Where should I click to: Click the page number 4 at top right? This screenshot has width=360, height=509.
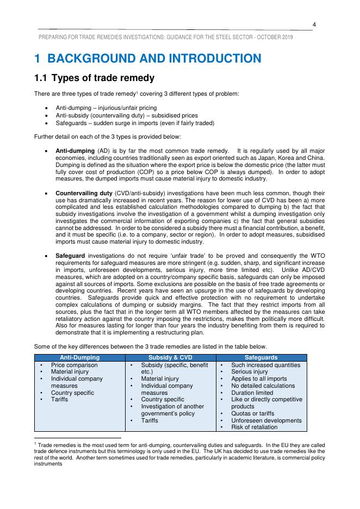click(314, 23)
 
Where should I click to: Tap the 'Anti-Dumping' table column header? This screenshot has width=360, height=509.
click(80, 357)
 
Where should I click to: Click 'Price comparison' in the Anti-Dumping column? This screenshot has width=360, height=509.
click(75, 365)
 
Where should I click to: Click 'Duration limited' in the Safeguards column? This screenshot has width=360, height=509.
click(252, 393)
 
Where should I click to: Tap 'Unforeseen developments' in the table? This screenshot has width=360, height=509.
click(266, 420)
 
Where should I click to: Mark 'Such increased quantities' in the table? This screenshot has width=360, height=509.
click(265, 365)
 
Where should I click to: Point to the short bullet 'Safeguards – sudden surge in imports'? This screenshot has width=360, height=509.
click(135, 123)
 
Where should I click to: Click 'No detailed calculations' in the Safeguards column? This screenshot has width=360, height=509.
click(263, 386)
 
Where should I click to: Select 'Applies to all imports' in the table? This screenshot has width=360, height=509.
click(259, 378)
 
